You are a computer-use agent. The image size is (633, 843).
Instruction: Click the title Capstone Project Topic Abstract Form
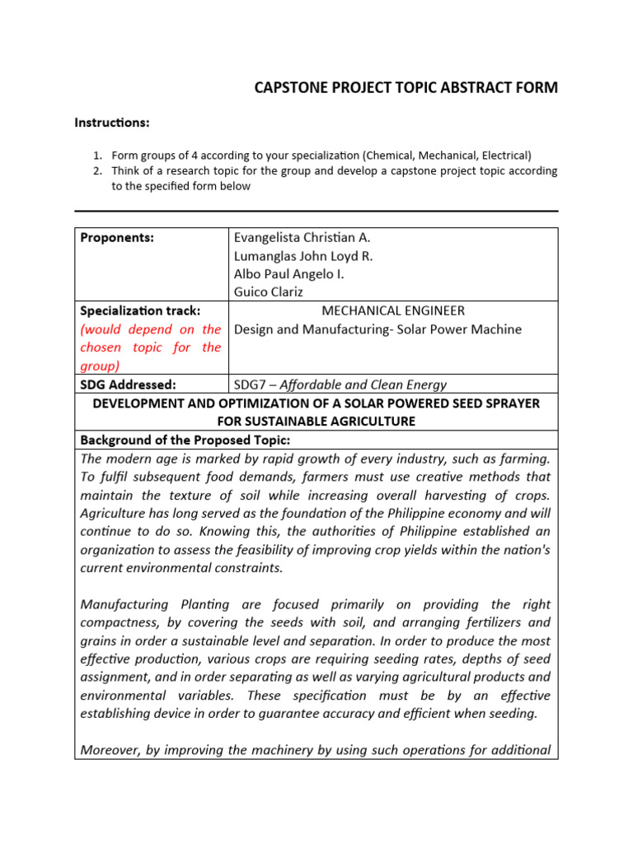406,88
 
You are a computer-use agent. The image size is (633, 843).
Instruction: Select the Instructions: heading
112,123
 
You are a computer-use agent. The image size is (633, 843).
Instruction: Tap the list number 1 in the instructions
96,155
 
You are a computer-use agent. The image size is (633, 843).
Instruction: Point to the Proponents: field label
117,238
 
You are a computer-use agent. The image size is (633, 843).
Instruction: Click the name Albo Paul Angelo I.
289,274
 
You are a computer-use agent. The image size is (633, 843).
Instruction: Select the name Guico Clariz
270,292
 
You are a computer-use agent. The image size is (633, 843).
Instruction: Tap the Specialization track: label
141,311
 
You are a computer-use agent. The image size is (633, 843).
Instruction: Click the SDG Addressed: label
128,384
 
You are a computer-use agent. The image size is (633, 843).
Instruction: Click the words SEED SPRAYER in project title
494,403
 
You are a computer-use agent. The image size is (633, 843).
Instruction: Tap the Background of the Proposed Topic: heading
185,440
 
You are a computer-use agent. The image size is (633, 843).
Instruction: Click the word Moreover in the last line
110,750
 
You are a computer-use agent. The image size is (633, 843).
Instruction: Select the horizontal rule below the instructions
316,211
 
